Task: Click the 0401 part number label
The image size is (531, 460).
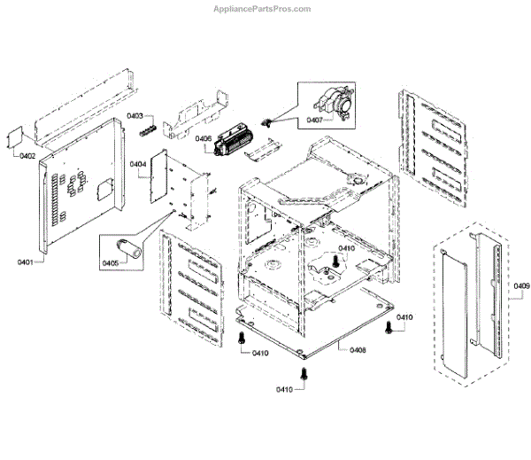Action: click(24, 262)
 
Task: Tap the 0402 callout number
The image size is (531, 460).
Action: click(27, 157)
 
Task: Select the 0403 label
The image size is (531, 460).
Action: click(135, 115)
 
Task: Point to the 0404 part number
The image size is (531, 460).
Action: click(138, 164)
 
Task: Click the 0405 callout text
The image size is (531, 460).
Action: click(112, 262)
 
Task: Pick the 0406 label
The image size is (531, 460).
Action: click(203, 138)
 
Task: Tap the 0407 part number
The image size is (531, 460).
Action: click(315, 120)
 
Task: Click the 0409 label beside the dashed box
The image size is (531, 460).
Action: click(521, 285)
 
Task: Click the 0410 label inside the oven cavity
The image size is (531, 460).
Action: click(346, 248)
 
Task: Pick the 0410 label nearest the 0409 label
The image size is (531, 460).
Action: click(404, 317)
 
